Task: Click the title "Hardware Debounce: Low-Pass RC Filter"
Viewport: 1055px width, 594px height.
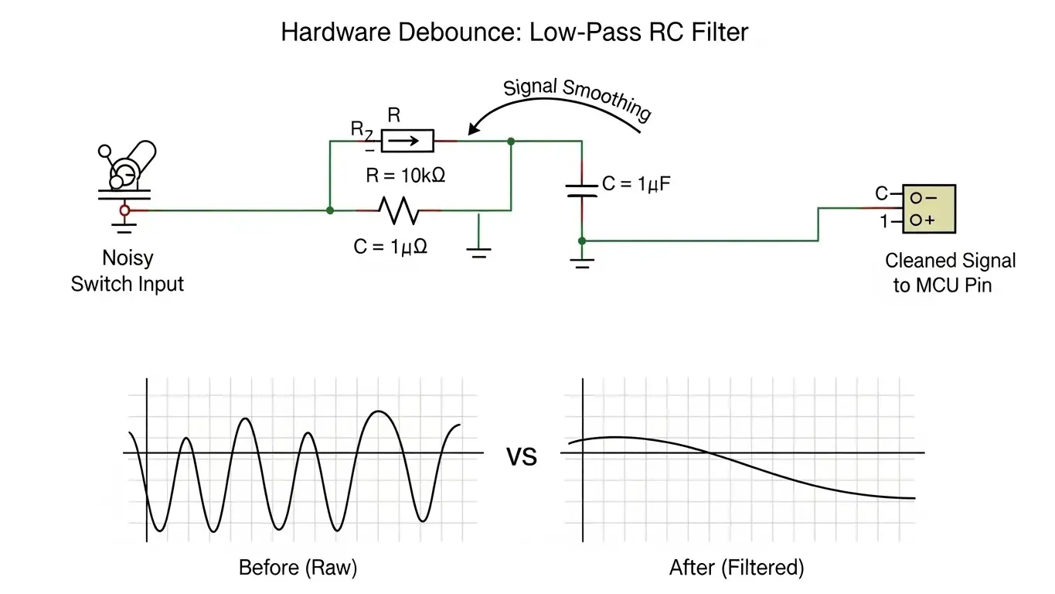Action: [x=514, y=32]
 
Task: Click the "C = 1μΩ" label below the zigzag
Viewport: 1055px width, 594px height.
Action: [x=391, y=247]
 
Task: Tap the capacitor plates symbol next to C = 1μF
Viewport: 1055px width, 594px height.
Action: [x=582, y=191]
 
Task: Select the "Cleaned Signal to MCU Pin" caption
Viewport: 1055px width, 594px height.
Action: [x=950, y=273]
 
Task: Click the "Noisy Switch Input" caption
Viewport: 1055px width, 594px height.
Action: [x=128, y=271]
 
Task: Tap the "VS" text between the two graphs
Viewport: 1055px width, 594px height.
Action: [x=521, y=457]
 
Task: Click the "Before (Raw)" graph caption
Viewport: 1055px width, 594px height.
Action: [x=298, y=568]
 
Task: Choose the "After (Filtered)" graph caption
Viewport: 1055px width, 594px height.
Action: [x=736, y=568]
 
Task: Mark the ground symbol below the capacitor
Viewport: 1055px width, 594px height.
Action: [x=582, y=262]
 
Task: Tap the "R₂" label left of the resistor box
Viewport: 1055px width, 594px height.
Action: [x=360, y=129]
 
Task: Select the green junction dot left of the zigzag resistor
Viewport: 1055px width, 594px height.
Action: [x=330, y=210]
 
